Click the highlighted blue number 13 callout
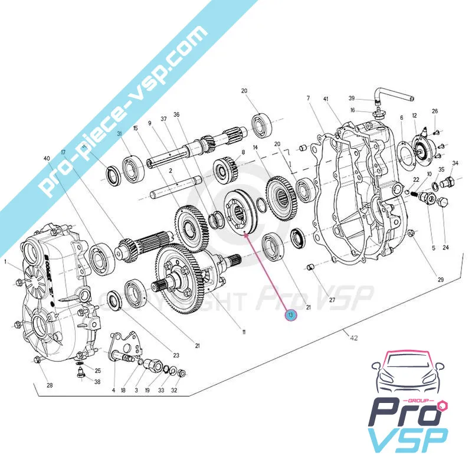tap(290, 316)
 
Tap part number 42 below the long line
tap(353, 338)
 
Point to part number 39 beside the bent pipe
tap(368, 99)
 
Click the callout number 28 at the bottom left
tap(50, 385)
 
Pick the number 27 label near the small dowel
tap(332, 300)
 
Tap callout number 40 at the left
tap(47, 158)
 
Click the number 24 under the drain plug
tap(445, 247)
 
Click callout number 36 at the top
tap(176, 114)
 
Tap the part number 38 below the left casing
tap(97, 382)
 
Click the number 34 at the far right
tap(455, 163)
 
